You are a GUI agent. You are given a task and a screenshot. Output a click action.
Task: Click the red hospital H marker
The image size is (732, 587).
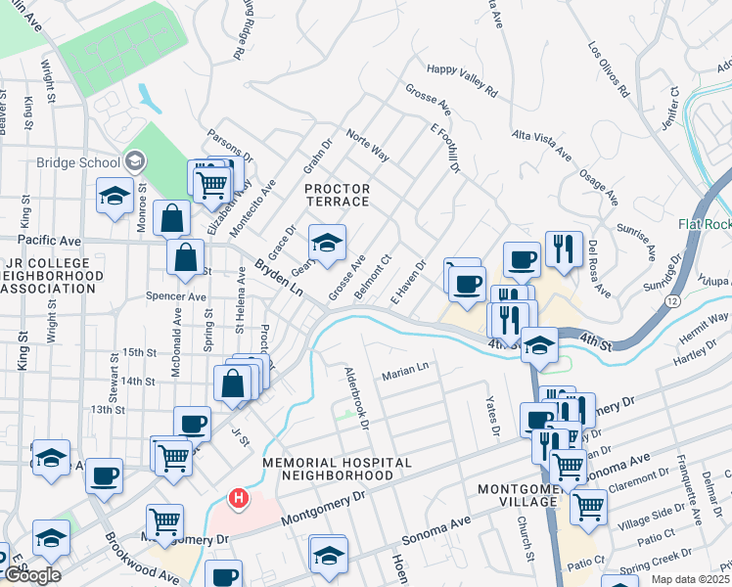tap(236, 499)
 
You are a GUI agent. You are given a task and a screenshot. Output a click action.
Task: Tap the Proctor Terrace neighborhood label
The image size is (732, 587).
tap(337, 195)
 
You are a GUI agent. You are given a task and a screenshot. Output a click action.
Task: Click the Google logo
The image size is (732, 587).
tap(32, 574)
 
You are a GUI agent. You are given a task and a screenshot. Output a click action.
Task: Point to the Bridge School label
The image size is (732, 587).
tap(76, 162)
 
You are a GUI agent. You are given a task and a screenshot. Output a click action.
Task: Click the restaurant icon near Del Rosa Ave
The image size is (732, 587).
tap(564, 250)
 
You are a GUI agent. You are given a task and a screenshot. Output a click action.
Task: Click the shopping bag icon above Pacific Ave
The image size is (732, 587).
tap(172, 219)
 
